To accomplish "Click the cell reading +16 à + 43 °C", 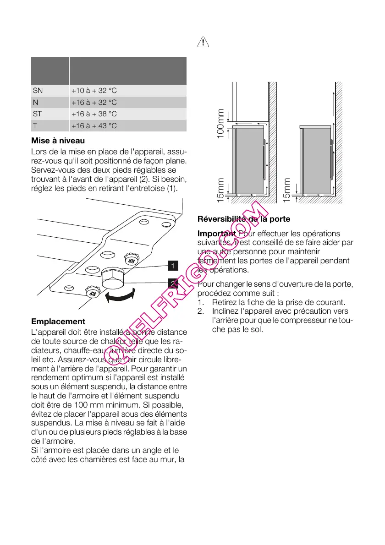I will [x=94, y=125].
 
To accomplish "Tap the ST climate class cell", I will [x=37, y=114].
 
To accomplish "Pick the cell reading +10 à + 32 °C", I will [x=94, y=91].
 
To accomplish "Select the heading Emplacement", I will [x=58, y=322].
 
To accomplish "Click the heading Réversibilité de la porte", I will [x=243, y=219].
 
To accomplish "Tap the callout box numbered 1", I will [x=172, y=266].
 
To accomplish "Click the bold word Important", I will [x=217, y=234].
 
